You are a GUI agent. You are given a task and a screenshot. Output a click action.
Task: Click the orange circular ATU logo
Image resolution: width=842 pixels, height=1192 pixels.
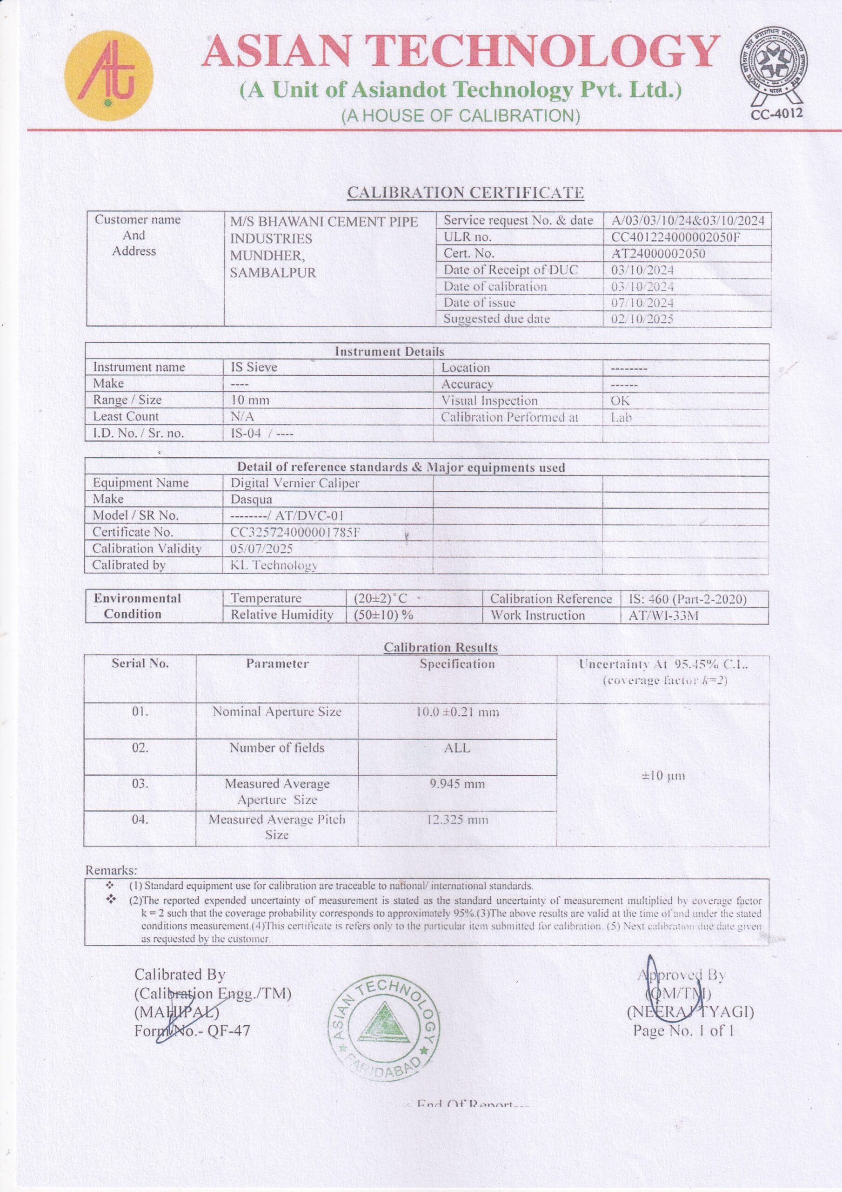click(x=108, y=75)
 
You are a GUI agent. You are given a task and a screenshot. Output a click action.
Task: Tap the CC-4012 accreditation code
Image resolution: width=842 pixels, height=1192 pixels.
click(x=776, y=113)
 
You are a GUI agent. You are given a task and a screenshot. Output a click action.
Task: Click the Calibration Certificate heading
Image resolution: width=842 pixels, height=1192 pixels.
click(x=465, y=193)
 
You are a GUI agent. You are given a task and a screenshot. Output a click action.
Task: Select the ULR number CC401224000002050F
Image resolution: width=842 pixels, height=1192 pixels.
click(x=675, y=237)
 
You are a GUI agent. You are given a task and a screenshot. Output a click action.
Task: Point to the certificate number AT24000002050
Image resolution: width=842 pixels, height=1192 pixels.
click(x=658, y=254)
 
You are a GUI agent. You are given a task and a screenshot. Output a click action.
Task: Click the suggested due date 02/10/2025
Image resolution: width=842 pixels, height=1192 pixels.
click(x=642, y=319)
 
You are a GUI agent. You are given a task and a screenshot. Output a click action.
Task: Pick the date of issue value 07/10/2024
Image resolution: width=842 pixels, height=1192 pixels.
click(x=642, y=303)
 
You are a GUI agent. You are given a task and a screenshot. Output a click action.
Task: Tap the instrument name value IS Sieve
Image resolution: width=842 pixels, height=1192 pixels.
click(x=254, y=367)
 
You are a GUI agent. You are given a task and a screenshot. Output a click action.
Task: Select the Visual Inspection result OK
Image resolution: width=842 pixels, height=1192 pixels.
click(x=620, y=400)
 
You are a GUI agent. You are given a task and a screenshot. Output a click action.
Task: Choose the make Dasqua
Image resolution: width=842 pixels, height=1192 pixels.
click(x=251, y=499)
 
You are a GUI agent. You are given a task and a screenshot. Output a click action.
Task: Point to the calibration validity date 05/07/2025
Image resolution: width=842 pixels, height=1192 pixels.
click(x=261, y=548)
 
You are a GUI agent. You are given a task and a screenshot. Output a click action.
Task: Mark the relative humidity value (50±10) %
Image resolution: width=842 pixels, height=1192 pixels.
click(x=383, y=615)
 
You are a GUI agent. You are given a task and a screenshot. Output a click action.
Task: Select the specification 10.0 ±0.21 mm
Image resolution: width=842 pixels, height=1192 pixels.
click(x=457, y=712)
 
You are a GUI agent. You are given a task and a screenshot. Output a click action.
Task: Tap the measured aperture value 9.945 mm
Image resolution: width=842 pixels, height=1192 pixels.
click(x=457, y=784)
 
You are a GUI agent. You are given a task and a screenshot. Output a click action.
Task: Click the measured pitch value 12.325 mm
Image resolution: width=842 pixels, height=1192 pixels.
click(x=457, y=820)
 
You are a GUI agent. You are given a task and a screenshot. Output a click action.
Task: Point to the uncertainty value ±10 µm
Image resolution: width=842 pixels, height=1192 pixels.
click(x=663, y=776)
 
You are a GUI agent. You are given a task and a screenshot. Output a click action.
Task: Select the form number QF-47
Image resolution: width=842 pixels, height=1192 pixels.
click(x=229, y=1030)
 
